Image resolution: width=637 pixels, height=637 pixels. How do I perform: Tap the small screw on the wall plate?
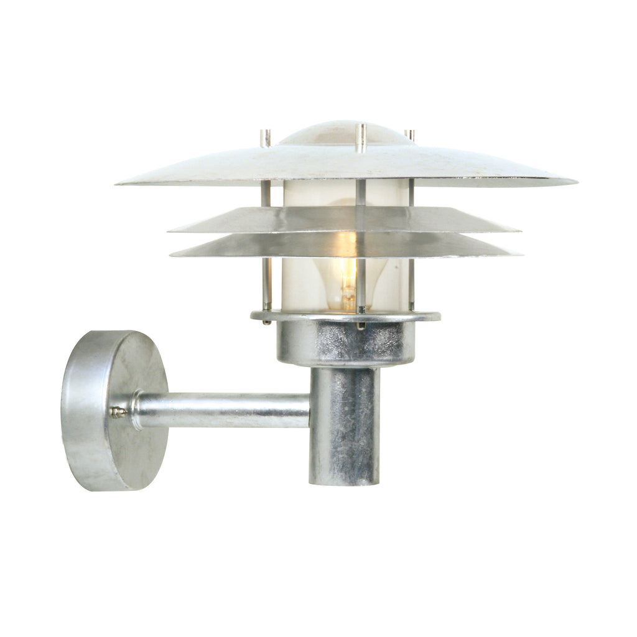point(116,411)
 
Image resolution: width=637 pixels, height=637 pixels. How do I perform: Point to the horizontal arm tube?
point(224,411)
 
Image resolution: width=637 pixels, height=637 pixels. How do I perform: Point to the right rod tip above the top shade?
point(410,134)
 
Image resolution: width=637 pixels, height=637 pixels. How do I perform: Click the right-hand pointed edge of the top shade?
point(574,182)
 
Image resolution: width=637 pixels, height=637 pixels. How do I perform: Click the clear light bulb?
point(346,274)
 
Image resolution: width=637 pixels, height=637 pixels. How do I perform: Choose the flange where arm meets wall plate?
point(135,411)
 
